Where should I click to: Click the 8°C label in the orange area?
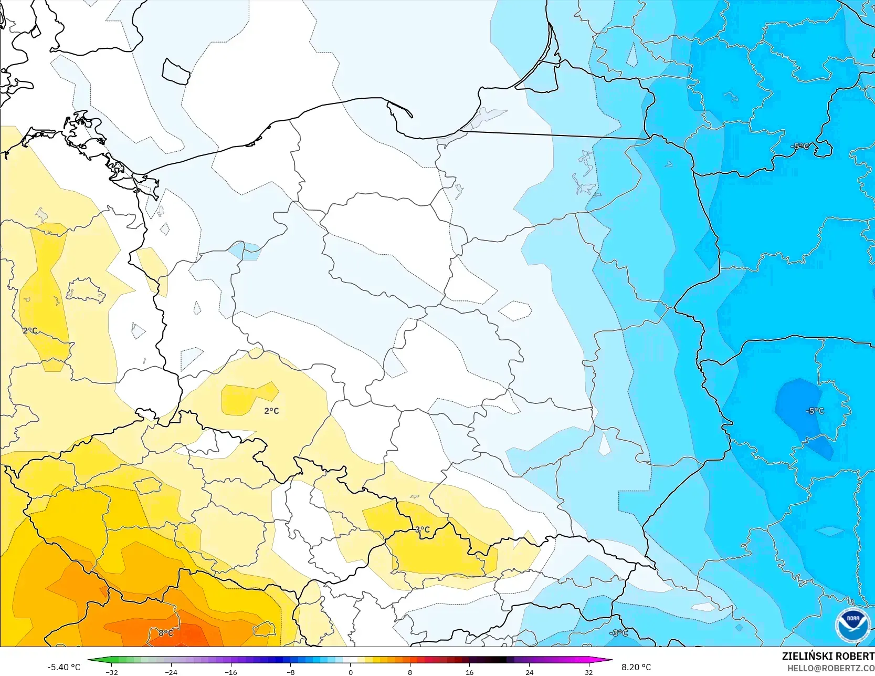point(166,633)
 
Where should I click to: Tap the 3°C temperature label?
point(422,529)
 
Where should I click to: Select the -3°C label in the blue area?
point(618,633)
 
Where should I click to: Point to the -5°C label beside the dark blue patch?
point(815,411)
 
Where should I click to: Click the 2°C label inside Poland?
point(271,411)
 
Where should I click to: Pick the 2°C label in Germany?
point(30,330)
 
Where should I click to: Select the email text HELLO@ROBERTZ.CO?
point(830,668)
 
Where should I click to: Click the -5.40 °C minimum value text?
point(64,667)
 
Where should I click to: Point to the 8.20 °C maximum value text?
point(636,667)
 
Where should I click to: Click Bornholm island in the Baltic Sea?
point(176,71)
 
